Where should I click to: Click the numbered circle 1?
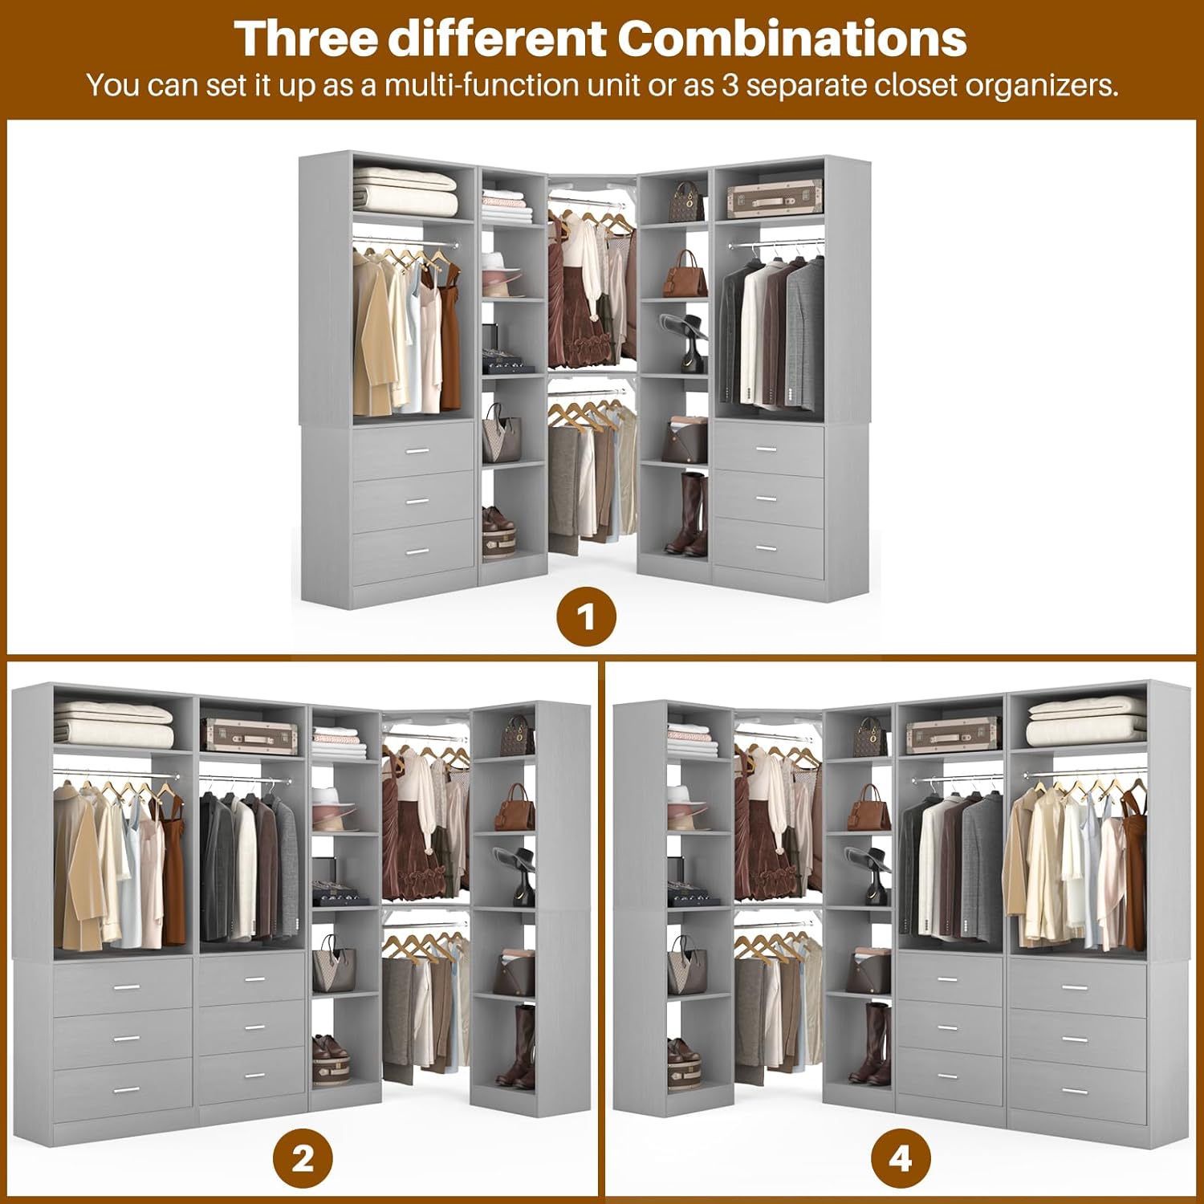coord(587,617)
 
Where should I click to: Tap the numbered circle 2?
coord(303,1159)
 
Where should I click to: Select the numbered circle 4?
coord(900,1159)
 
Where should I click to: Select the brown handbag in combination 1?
coord(685,275)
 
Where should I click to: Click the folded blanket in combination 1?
coord(405,190)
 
